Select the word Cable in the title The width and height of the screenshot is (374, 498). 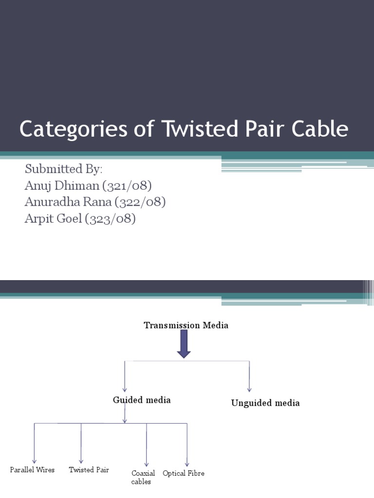[321, 129]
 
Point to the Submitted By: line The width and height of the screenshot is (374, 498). [64, 169]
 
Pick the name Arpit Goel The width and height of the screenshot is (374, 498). [53, 218]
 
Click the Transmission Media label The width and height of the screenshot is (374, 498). [186, 325]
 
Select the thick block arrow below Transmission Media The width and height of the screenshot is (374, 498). [184, 344]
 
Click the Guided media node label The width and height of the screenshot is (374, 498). [142, 400]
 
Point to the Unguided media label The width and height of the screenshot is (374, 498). [265, 403]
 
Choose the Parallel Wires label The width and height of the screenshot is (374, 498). [33, 470]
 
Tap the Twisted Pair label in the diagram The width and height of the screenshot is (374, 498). [89, 470]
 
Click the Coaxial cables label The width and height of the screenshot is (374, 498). [143, 477]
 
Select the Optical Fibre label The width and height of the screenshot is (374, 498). [184, 473]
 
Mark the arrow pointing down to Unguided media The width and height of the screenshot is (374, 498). [249, 376]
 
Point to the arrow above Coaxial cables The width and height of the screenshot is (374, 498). [147, 445]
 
